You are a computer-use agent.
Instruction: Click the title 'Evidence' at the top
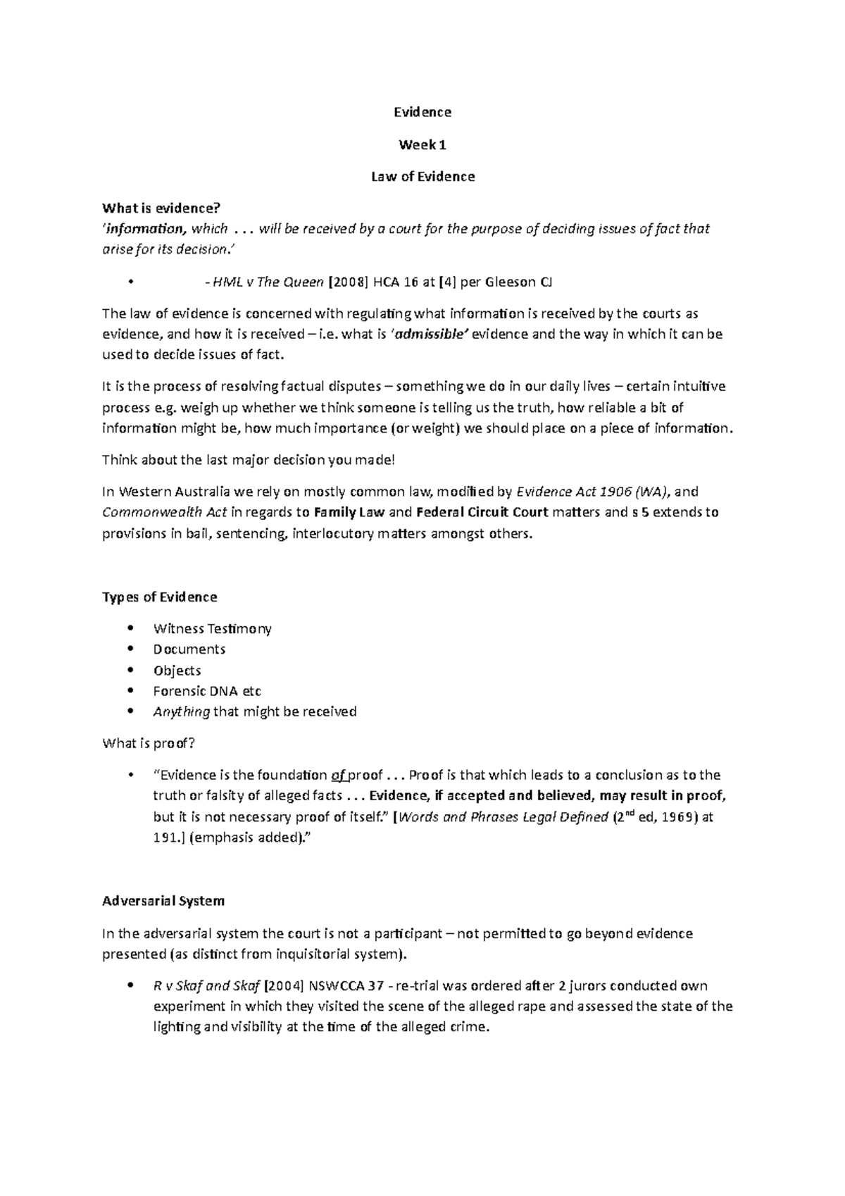coord(423,112)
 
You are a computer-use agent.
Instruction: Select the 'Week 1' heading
coord(423,145)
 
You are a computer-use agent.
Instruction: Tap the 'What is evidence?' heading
coord(161,208)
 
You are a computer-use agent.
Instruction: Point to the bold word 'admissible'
coord(430,335)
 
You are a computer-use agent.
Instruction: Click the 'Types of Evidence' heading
coord(159,597)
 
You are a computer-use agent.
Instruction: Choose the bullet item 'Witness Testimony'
coord(212,628)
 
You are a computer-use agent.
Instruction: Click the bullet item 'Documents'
coord(189,649)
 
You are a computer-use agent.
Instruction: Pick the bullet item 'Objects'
coord(177,671)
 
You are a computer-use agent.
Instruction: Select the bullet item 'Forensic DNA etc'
coord(207,691)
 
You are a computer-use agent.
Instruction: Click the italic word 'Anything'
coord(181,711)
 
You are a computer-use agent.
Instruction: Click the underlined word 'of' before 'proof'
coord(338,775)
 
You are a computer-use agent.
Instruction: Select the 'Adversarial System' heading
coord(163,901)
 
